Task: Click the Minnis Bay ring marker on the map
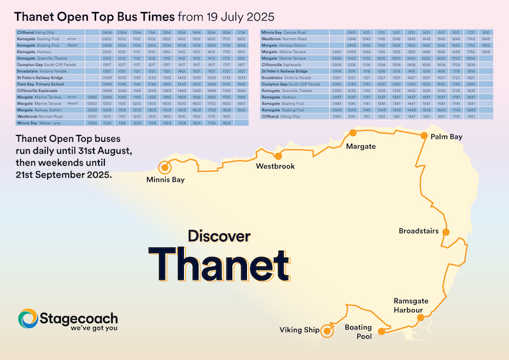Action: pyautogui.click(x=165, y=168)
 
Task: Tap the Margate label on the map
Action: pyautogui.click(x=361, y=147)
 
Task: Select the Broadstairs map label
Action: pyautogui.click(x=418, y=231)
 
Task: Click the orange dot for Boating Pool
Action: pyautogui.click(x=380, y=331)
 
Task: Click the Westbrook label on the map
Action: pyautogui.click(x=275, y=167)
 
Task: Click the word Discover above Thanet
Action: pyautogui.click(x=219, y=236)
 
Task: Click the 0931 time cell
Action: pyautogui.click(x=350, y=32)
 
